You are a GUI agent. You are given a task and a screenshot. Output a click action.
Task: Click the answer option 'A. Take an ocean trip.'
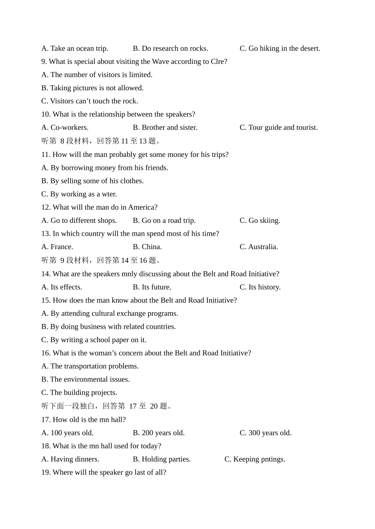[75, 48]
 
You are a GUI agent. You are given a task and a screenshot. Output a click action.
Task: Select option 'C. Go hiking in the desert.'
[280, 48]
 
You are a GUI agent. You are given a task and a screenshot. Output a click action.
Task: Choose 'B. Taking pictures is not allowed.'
[92, 88]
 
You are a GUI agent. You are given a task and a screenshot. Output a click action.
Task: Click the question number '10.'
[46, 114]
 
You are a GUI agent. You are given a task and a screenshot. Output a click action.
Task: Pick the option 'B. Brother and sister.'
[165, 127]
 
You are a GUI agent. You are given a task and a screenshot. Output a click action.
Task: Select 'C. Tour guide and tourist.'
[278, 127]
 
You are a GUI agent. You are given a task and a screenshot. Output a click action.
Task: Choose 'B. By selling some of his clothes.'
[92, 181]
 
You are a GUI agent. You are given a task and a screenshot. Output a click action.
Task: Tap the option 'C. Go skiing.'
[260, 220]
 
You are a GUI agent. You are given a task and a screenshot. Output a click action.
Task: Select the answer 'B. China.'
[147, 247]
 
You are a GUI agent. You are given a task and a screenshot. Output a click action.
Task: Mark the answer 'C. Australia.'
[259, 247]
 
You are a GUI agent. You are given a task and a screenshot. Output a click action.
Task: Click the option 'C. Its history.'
[260, 287]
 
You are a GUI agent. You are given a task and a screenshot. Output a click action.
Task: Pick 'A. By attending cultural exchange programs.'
[110, 313]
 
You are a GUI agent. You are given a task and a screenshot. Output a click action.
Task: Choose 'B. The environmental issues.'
[86, 379]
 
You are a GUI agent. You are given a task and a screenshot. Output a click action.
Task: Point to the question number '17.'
[46, 420]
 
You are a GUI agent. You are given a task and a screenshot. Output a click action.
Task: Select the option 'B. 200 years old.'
[159, 433]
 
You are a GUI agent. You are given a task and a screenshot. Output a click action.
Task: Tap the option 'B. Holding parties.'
[162, 459]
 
